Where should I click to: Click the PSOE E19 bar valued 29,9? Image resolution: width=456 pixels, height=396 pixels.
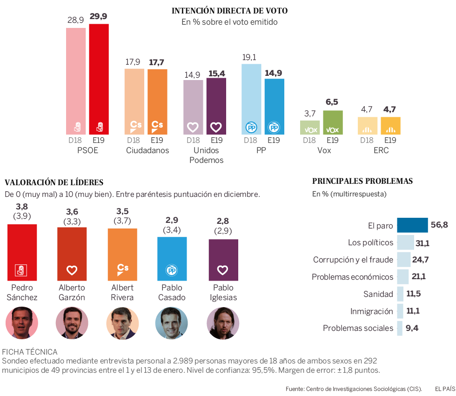point(99,79)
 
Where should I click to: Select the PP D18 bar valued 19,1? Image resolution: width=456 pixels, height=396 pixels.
point(251,99)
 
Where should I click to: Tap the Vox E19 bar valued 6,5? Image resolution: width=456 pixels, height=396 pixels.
point(333,122)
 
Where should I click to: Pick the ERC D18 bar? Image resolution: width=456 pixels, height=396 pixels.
point(367,126)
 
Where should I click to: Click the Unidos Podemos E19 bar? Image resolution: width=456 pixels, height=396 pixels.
point(216,106)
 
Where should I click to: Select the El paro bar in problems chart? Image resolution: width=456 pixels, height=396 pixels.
point(412,225)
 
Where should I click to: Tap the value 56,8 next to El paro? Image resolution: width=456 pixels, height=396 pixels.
point(439,225)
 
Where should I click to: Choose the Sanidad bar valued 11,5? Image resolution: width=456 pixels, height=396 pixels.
point(400,294)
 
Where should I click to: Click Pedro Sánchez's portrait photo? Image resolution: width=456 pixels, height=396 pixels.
point(21,322)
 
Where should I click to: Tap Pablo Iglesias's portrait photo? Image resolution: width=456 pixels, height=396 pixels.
point(223,322)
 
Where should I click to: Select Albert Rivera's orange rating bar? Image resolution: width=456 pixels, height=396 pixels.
point(122,255)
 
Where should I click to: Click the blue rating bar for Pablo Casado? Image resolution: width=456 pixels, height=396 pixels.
point(172,259)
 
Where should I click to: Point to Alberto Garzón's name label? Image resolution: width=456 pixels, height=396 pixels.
point(72,293)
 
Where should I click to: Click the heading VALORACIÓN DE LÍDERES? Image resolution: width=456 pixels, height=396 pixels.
point(54,182)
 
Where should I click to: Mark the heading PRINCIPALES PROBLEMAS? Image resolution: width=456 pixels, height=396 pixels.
point(362,181)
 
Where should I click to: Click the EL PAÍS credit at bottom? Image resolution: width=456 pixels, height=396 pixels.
point(445,389)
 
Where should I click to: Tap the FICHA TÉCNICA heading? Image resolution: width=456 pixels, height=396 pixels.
point(30,352)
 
